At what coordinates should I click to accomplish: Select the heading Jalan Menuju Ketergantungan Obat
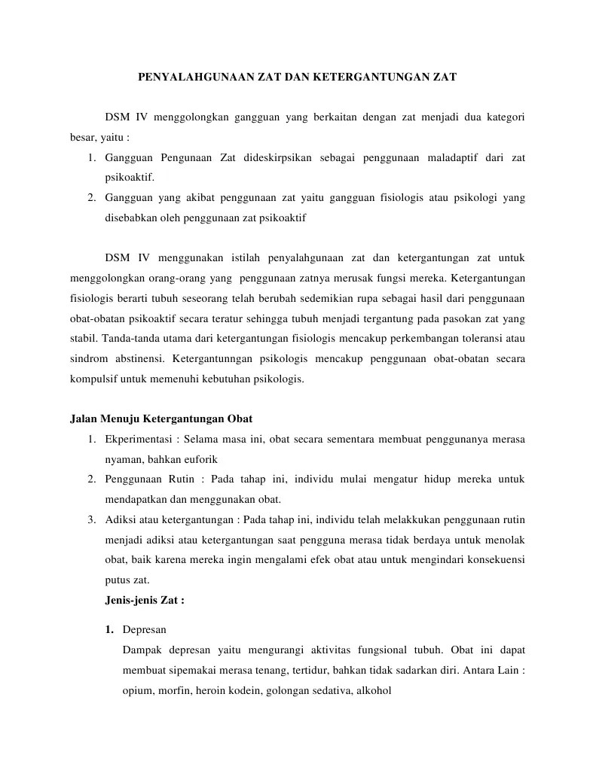tap(161, 418)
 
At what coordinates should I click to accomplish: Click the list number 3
tap(90, 519)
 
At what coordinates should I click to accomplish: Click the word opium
tap(137, 689)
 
